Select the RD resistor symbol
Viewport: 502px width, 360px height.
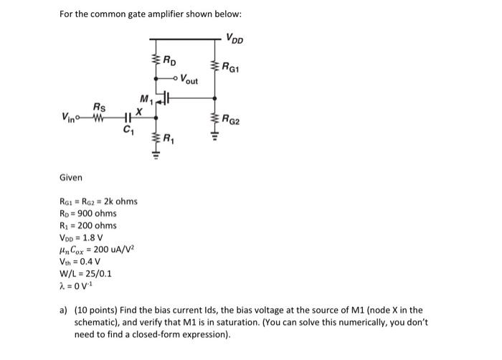click(156, 62)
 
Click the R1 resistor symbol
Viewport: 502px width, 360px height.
click(156, 138)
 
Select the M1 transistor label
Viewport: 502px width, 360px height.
click(146, 98)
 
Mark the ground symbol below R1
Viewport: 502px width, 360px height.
click(156, 158)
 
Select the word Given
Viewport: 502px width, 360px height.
click(71, 177)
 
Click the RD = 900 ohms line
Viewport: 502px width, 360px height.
click(87, 213)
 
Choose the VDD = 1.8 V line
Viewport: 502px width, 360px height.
click(81, 237)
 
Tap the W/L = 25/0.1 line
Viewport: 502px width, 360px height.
click(85, 273)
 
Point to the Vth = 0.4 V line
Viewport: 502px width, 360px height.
click(80, 260)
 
